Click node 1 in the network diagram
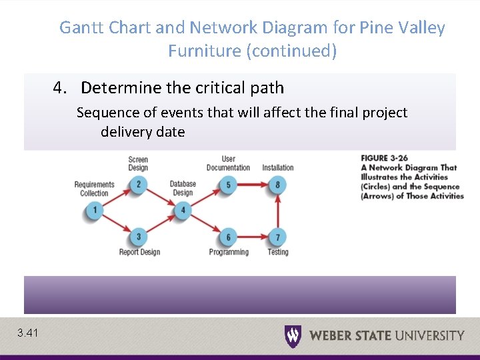click(x=95, y=211)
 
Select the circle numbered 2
click(x=138, y=185)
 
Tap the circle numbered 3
click(x=138, y=237)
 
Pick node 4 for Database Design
click(x=183, y=211)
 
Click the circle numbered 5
click(x=228, y=185)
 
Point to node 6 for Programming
click(x=228, y=237)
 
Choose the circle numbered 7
click(x=277, y=237)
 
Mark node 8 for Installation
click(x=277, y=185)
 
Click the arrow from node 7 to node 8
click(x=277, y=211)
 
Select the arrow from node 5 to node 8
click(x=253, y=185)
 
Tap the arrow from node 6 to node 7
click(x=253, y=237)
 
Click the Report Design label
click(x=139, y=252)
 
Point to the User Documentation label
click(x=228, y=163)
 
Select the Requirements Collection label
click(x=94, y=189)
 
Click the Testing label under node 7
click(x=278, y=252)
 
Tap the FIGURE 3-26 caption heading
click(x=383, y=158)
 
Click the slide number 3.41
click(x=29, y=333)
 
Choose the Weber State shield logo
click(x=293, y=335)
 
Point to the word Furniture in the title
click(x=207, y=51)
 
